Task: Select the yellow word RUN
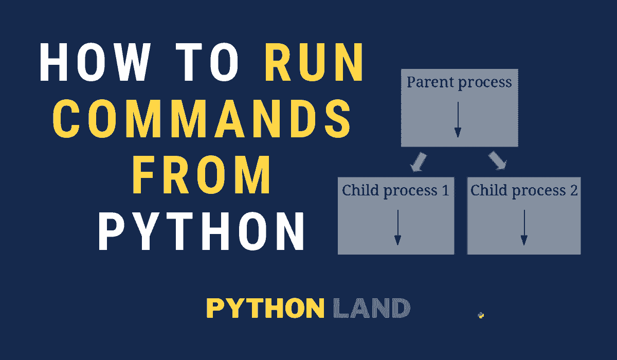315,67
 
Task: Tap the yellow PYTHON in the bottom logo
265,309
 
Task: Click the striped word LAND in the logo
371,309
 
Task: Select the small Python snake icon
481,315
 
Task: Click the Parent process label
459,82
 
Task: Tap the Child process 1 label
395,191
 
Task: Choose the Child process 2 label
524,191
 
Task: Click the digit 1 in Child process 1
445,191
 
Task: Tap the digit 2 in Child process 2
573,191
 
